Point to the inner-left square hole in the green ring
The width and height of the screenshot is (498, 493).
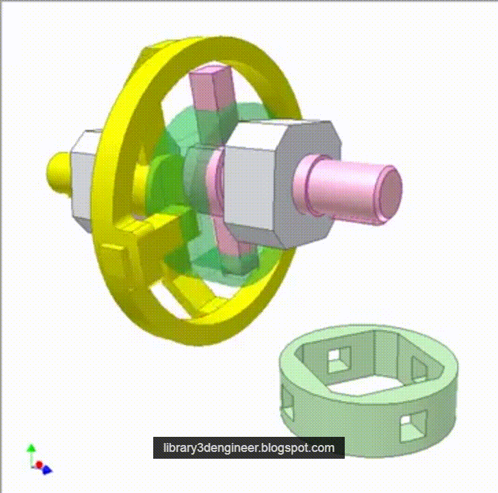(338, 357)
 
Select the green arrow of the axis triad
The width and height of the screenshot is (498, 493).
(31, 451)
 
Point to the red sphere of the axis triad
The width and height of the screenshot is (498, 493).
(39, 465)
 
